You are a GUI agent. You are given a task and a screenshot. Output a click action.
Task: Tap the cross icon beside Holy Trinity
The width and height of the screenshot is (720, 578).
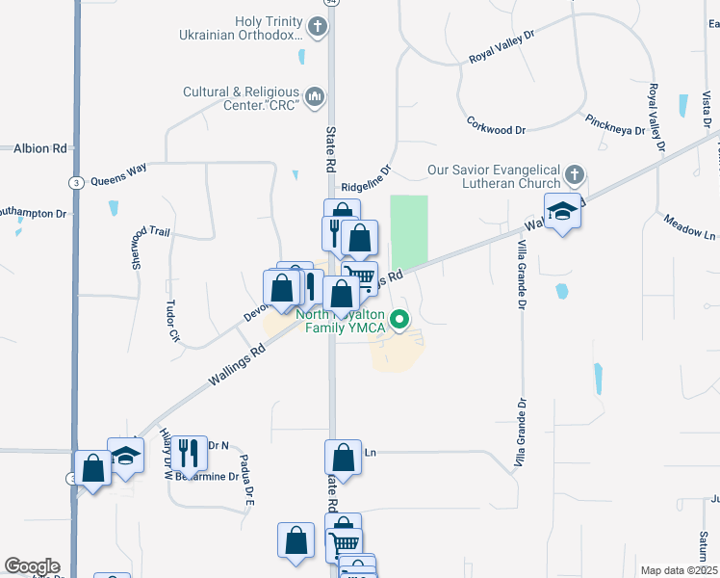pyautogui.click(x=318, y=27)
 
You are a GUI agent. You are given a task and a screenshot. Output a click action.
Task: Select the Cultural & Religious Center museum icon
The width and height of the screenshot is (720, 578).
pyautogui.click(x=315, y=97)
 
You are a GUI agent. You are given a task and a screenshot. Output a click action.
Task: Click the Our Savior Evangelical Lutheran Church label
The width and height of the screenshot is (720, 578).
pyautogui.click(x=494, y=177)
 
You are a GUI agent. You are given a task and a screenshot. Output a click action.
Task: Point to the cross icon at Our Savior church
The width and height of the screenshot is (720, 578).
pyautogui.click(x=574, y=176)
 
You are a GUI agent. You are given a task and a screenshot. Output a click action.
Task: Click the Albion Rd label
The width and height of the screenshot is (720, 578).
pyautogui.click(x=39, y=148)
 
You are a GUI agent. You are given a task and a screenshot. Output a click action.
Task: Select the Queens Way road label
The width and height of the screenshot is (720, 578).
pyautogui.click(x=118, y=174)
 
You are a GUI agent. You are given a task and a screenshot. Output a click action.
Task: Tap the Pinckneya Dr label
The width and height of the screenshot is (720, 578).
pyautogui.click(x=613, y=125)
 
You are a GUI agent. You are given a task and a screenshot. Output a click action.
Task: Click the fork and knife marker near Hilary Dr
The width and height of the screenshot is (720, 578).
pyautogui.click(x=188, y=452)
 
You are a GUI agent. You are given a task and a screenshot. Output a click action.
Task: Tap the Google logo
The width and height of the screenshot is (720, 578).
pyautogui.click(x=32, y=566)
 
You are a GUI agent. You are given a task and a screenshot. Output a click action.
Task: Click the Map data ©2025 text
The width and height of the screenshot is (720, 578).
pyautogui.click(x=678, y=570)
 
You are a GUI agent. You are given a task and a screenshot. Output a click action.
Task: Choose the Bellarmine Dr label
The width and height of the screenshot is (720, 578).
pyautogui.click(x=206, y=476)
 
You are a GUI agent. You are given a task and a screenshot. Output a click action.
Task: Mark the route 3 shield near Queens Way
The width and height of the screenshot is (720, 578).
pyautogui.click(x=74, y=182)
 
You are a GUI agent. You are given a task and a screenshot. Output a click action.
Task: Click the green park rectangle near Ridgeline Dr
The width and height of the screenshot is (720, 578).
pyautogui.click(x=409, y=232)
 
